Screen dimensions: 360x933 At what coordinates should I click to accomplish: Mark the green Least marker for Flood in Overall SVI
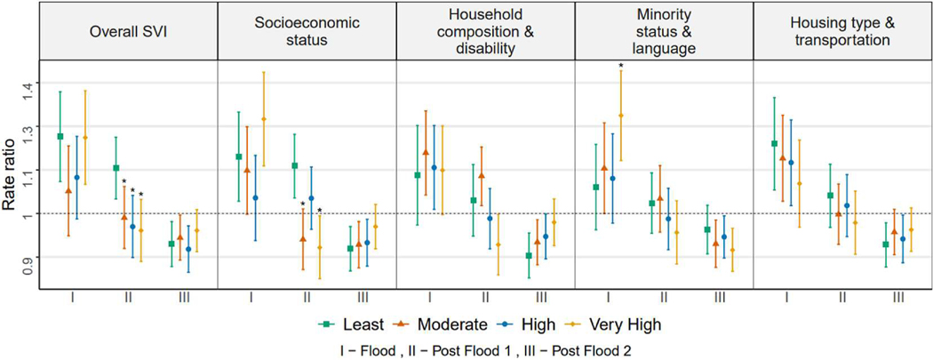pyautogui.click(x=60, y=136)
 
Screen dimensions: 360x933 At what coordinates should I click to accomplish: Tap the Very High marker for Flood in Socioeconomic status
pyautogui.click(x=264, y=119)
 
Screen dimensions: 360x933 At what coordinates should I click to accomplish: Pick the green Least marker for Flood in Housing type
pyautogui.click(x=775, y=143)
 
